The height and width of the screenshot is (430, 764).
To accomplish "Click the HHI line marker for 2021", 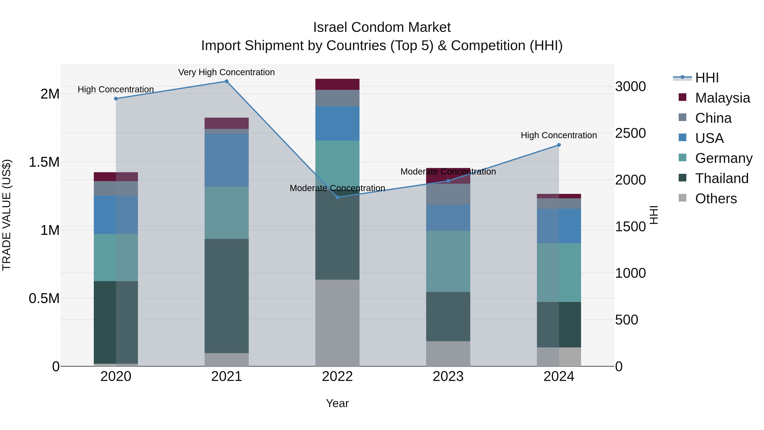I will (226, 81).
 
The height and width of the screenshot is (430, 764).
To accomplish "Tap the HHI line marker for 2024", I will (559, 145).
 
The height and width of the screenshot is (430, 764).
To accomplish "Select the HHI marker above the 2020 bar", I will (116, 99).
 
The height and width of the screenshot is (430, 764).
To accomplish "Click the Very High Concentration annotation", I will (226, 72).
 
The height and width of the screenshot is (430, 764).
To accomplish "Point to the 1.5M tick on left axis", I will (44, 162).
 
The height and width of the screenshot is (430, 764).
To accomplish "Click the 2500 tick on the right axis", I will (630, 133).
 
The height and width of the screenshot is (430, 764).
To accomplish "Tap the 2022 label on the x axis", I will (337, 376).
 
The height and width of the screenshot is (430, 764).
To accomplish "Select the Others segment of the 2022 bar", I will (337, 323).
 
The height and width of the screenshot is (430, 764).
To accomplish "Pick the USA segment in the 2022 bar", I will (337, 123).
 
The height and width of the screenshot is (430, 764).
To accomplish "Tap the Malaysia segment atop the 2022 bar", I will (337, 84).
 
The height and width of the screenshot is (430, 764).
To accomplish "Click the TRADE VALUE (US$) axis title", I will (7, 215).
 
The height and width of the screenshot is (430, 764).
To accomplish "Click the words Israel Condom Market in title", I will (382, 27).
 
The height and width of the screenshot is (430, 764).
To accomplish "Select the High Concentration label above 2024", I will (559, 135).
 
